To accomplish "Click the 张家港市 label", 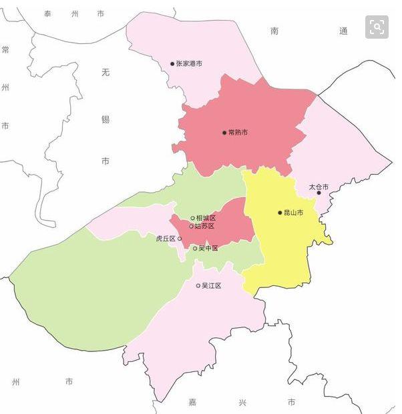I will point(189,64).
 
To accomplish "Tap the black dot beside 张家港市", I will point(172,64).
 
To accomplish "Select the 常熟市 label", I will point(238,133).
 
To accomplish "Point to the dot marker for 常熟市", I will point(224,133).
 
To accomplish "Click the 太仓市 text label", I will point(319,187).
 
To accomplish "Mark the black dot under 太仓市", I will point(319,193).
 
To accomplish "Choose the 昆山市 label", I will point(294,213).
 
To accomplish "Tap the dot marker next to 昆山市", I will point(280,213).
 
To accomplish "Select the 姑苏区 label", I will point(204,227).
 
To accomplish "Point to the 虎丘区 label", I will point(165,239).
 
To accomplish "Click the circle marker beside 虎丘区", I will point(179,239).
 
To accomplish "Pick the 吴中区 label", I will point(208,249).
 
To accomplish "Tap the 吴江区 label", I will point(212,286).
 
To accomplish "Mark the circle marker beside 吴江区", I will point(198,286).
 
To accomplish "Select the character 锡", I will point(106,119).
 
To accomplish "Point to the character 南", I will point(275,31).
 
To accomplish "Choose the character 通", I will point(343,31).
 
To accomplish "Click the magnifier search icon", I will point(377,27).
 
